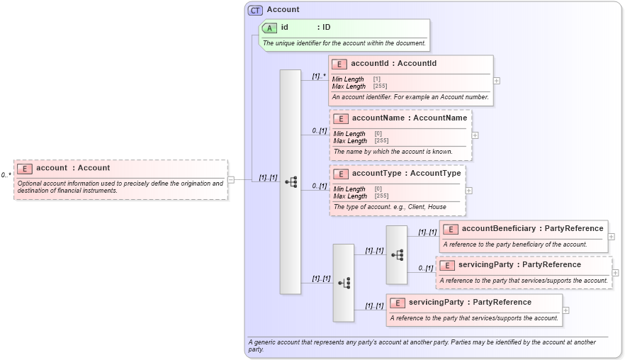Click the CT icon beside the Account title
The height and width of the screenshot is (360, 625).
click(x=255, y=10)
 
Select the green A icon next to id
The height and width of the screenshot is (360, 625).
click(x=269, y=28)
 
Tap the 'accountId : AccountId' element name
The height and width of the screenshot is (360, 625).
click(x=393, y=64)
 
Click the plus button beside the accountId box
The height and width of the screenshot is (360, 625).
click(x=496, y=81)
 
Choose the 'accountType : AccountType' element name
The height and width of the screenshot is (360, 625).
click(x=406, y=174)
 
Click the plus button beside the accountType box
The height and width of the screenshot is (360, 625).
click(x=468, y=190)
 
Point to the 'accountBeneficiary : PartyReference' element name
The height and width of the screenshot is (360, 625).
click(x=532, y=229)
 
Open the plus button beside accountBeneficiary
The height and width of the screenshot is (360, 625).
click(x=611, y=237)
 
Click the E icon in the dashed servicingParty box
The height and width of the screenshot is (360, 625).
click(x=446, y=265)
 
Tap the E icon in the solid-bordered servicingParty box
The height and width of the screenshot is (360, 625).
click(x=397, y=303)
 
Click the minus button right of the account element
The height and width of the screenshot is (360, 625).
click(x=231, y=180)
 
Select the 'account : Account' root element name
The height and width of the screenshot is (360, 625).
click(x=73, y=168)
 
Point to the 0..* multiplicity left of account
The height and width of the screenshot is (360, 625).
click(x=6, y=174)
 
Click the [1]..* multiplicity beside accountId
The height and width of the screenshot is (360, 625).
click(x=319, y=74)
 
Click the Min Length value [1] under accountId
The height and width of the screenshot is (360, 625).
click(x=377, y=79)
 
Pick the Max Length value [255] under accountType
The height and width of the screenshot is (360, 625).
click(x=381, y=196)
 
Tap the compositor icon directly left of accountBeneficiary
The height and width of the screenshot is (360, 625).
click(x=397, y=254)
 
